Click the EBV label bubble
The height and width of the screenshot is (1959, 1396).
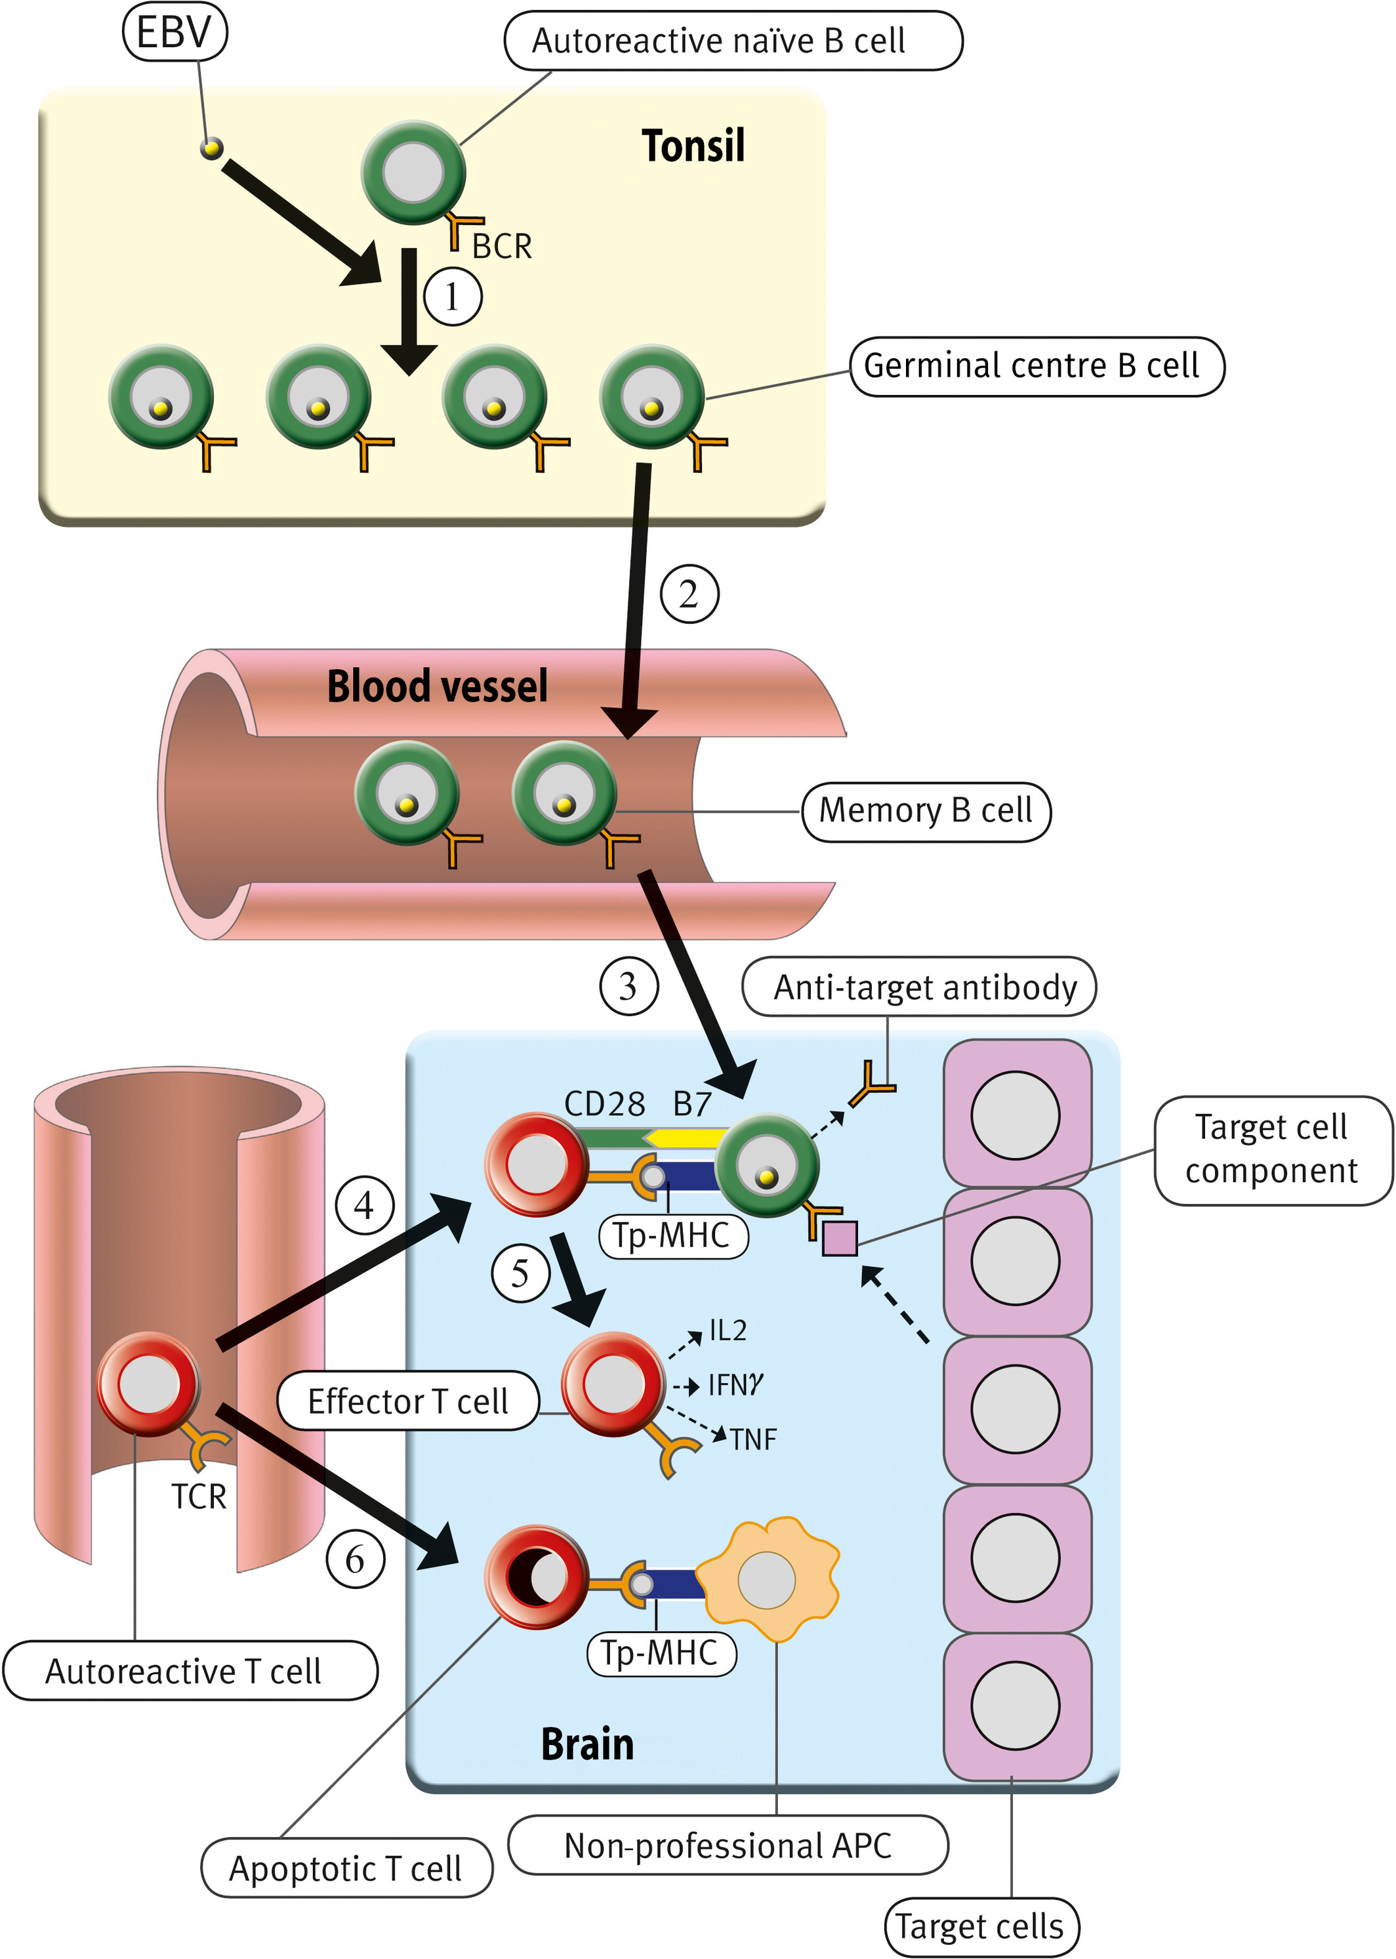coord(174,31)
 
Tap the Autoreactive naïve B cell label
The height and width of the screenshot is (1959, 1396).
coord(733,41)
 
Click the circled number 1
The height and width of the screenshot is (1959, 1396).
coord(452,297)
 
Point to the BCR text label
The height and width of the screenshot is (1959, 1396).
coord(502,247)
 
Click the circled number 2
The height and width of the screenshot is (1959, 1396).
coord(689,594)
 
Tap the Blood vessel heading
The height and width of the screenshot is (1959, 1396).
coord(438,686)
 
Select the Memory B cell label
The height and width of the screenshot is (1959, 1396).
coord(926,811)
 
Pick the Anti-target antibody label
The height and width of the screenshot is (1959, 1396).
coord(919,987)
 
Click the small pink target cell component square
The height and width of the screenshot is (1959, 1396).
coord(840,1238)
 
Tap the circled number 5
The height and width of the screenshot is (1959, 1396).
coord(520,1273)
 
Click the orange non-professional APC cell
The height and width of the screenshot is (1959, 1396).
coord(767,1580)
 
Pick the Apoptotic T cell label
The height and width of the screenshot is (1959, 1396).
coord(346,1868)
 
